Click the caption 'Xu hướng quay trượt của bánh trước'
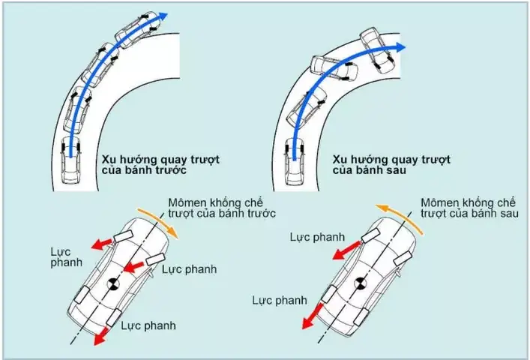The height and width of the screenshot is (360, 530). click(144, 165)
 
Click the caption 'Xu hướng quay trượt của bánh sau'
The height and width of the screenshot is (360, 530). click(391, 165)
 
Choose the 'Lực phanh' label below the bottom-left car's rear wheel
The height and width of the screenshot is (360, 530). click(151, 325)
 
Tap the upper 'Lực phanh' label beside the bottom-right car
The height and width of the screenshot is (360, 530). click(316, 236)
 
